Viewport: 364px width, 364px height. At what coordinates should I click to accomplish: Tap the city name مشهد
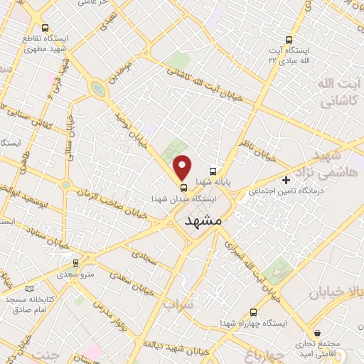tap(203, 221)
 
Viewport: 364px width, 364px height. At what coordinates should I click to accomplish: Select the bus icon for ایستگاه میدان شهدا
tap(184, 188)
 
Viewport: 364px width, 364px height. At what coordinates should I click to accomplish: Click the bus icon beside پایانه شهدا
tap(213, 171)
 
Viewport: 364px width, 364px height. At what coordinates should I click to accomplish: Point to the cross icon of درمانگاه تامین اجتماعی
tap(286, 181)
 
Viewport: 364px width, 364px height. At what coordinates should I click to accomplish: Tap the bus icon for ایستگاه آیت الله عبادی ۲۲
tap(289, 40)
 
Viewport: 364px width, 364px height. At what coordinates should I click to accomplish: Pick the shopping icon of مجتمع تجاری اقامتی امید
tap(317, 333)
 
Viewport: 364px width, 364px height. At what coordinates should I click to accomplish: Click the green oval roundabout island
tap(97, 87)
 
